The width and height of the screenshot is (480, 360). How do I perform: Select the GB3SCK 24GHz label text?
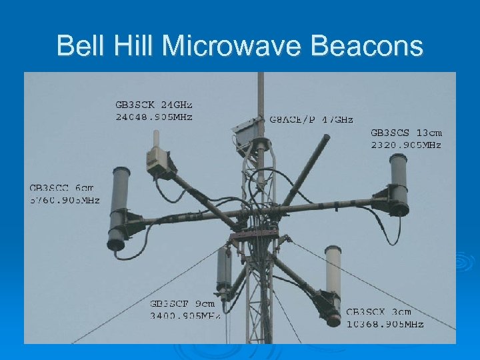153,105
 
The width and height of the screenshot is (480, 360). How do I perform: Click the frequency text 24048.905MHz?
153,117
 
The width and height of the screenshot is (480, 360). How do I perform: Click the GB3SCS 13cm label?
406,133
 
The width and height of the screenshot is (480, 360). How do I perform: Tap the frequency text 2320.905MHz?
406,145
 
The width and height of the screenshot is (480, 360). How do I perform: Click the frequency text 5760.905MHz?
63,199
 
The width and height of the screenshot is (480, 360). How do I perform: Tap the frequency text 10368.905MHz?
385,324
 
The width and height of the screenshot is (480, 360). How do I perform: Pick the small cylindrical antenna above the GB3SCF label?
224,269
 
